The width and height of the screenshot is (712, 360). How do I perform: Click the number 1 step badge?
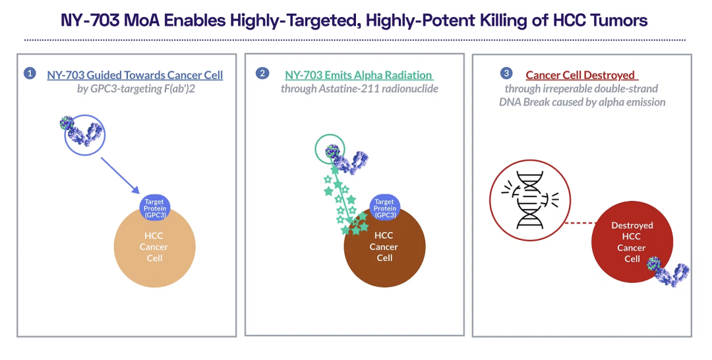point(30,73)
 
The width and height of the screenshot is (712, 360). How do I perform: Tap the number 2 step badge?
point(262,73)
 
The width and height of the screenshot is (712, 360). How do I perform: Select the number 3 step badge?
point(506,73)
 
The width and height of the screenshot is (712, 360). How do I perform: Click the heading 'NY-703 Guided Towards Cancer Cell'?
point(135,75)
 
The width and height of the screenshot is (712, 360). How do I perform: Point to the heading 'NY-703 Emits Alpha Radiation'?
point(359,75)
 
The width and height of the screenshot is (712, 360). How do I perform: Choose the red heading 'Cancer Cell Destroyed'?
point(581,75)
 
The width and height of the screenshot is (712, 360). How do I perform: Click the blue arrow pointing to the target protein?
point(120,175)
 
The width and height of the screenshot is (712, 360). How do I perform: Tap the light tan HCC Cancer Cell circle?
point(154,248)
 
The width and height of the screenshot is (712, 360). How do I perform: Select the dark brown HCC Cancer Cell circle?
point(384,248)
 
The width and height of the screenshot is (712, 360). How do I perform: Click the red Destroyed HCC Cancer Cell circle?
point(632,242)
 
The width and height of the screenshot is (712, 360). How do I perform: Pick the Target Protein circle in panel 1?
point(154,208)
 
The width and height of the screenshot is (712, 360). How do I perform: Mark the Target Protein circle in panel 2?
point(384,208)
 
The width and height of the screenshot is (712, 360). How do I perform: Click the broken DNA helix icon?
point(529,200)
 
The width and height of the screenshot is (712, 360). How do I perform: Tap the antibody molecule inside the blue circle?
point(82,132)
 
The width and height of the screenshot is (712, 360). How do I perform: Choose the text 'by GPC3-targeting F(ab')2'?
point(136,88)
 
